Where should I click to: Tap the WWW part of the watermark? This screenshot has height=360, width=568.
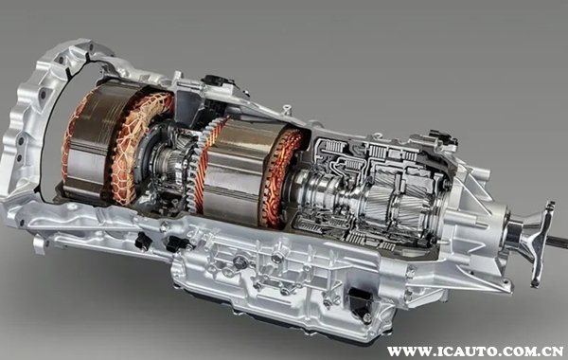(405, 351)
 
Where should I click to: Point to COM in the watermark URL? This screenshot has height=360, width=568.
(512, 351)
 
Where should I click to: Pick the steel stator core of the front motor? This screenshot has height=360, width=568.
(91, 141)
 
